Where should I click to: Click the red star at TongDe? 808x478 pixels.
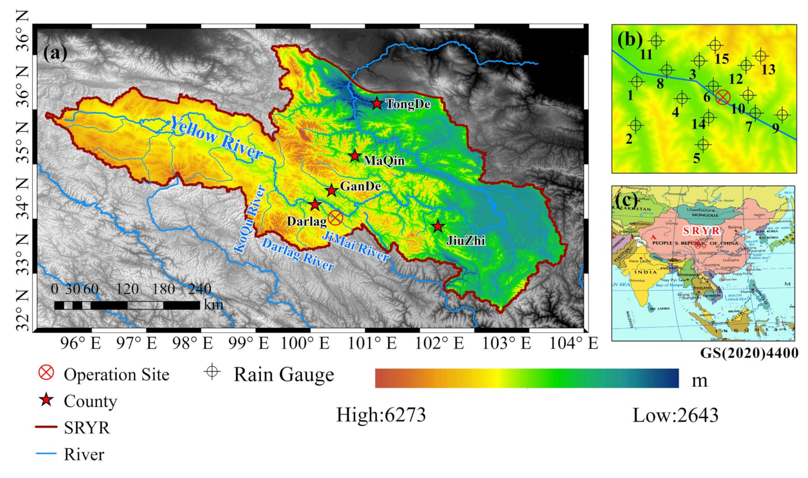click(377, 103)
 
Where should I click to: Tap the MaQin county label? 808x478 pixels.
click(384, 161)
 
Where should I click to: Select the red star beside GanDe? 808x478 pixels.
click(332, 191)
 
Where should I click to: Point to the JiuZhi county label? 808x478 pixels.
click(466, 240)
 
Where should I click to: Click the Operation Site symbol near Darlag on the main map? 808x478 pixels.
click(335, 218)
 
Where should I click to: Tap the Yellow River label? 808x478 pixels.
click(216, 137)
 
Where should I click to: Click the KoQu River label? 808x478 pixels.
click(250, 219)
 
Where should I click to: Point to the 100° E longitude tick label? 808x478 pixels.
click(305, 343)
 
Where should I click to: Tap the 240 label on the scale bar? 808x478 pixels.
click(199, 289)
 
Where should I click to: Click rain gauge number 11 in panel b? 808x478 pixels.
click(656, 41)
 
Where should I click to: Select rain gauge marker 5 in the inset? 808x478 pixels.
click(703, 144)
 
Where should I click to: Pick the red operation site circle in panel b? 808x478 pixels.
click(723, 97)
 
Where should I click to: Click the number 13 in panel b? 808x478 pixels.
click(768, 69)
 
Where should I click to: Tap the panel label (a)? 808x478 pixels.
click(56, 53)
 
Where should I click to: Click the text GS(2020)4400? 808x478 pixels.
click(749, 353)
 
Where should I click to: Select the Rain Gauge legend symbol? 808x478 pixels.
click(212, 372)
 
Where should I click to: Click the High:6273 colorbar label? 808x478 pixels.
click(381, 415)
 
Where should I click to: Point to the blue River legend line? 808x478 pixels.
click(46, 454)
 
